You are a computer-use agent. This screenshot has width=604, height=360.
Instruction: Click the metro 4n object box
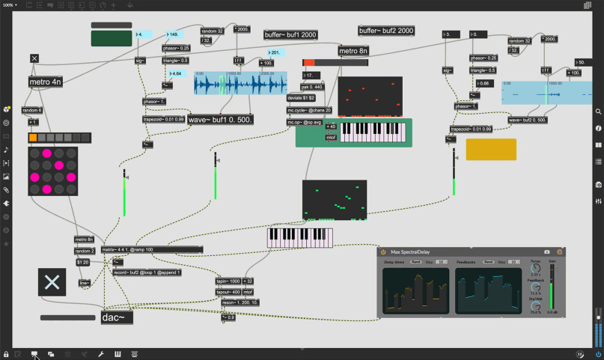(45, 82)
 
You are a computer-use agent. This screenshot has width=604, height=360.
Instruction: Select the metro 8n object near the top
(353, 51)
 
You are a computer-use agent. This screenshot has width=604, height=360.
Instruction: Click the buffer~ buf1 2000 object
(290, 35)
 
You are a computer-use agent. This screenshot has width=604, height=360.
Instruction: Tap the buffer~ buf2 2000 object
(386, 31)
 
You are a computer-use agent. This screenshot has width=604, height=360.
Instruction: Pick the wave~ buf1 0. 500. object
(221, 119)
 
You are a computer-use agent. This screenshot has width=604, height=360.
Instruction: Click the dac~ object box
(117, 318)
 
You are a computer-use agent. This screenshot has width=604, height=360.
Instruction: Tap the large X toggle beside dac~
(52, 282)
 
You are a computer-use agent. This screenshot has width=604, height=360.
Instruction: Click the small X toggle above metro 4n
(34, 58)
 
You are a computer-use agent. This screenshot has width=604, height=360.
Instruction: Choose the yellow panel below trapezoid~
(491, 149)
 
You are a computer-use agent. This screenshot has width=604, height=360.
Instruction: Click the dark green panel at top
(112, 38)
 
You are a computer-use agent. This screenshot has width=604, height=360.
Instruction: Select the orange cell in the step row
(33, 138)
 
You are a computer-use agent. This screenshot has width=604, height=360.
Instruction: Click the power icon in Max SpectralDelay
(383, 252)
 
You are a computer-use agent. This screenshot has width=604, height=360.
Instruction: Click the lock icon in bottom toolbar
(6, 354)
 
